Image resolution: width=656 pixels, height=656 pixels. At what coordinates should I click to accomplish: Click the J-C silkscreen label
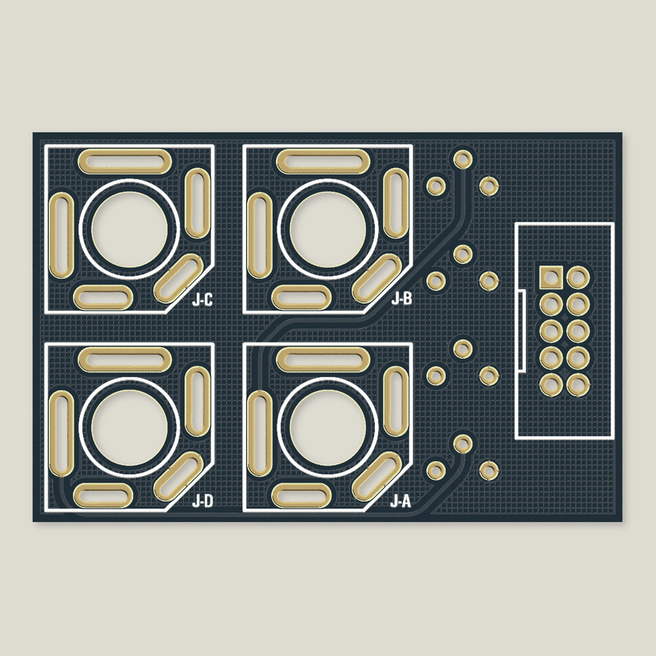click(x=202, y=300)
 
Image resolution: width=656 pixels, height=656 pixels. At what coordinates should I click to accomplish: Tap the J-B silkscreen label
click(x=402, y=299)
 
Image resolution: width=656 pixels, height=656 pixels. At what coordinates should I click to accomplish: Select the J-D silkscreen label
click(x=202, y=501)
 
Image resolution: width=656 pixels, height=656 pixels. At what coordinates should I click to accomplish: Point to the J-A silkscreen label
click(x=401, y=501)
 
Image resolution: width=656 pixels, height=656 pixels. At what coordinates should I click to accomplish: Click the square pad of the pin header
click(x=551, y=277)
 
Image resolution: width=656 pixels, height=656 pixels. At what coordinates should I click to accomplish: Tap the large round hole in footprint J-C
click(x=129, y=229)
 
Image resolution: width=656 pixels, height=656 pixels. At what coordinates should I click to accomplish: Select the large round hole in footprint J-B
click(x=327, y=229)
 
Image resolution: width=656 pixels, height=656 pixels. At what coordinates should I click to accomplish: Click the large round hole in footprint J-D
click(x=129, y=427)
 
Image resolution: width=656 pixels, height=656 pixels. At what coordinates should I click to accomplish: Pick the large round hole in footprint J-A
click(x=327, y=427)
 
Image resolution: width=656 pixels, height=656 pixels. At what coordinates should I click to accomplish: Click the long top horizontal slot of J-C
click(x=125, y=161)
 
